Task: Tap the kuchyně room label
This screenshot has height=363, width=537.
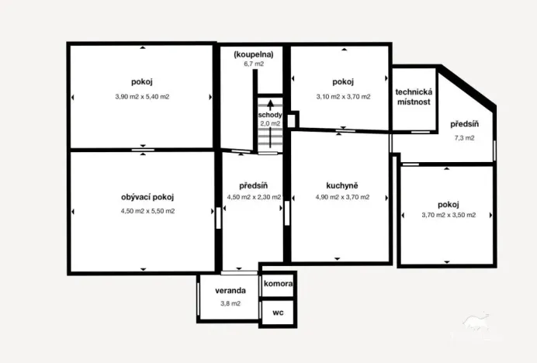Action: point(341,185)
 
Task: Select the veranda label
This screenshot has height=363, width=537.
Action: point(231,290)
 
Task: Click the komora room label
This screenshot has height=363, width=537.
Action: point(278,284)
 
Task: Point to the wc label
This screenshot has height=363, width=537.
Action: point(277,313)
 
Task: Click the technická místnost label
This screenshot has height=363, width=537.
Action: point(414,97)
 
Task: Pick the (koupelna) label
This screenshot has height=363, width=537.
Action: point(254,54)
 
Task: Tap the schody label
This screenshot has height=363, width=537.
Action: point(269,115)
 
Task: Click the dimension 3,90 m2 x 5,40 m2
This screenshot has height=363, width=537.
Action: point(142,97)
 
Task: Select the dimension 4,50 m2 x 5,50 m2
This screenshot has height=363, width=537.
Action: point(147,211)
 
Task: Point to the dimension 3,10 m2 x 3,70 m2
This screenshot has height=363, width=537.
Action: point(342,97)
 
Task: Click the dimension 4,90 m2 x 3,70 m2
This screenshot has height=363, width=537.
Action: point(341,197)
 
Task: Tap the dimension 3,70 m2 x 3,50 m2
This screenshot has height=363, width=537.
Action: point(448,216)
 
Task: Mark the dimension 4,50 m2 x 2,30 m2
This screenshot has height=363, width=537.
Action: point(254,197)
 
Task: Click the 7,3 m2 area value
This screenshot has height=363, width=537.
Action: point(464,138)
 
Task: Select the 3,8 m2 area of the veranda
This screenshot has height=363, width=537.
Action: point(230,303)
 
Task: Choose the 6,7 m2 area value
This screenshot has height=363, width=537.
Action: point(254,64)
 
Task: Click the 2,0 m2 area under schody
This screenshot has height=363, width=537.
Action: point(269,124)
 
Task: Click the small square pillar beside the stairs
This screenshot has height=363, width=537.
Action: point(291,120)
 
